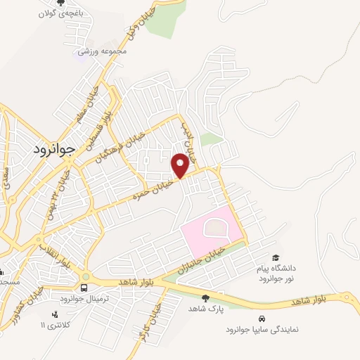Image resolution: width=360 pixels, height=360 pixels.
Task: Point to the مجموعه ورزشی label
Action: pos(102,51)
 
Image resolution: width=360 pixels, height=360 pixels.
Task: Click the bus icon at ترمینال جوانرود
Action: pos(84,288)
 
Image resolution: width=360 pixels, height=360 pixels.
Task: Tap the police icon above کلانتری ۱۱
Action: pos(55,314)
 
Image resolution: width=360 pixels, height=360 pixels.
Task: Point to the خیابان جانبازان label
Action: pos(206,258)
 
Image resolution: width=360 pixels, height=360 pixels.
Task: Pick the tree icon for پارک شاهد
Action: pos(205,298)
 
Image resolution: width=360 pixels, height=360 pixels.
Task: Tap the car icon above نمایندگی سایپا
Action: pos(262,318)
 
